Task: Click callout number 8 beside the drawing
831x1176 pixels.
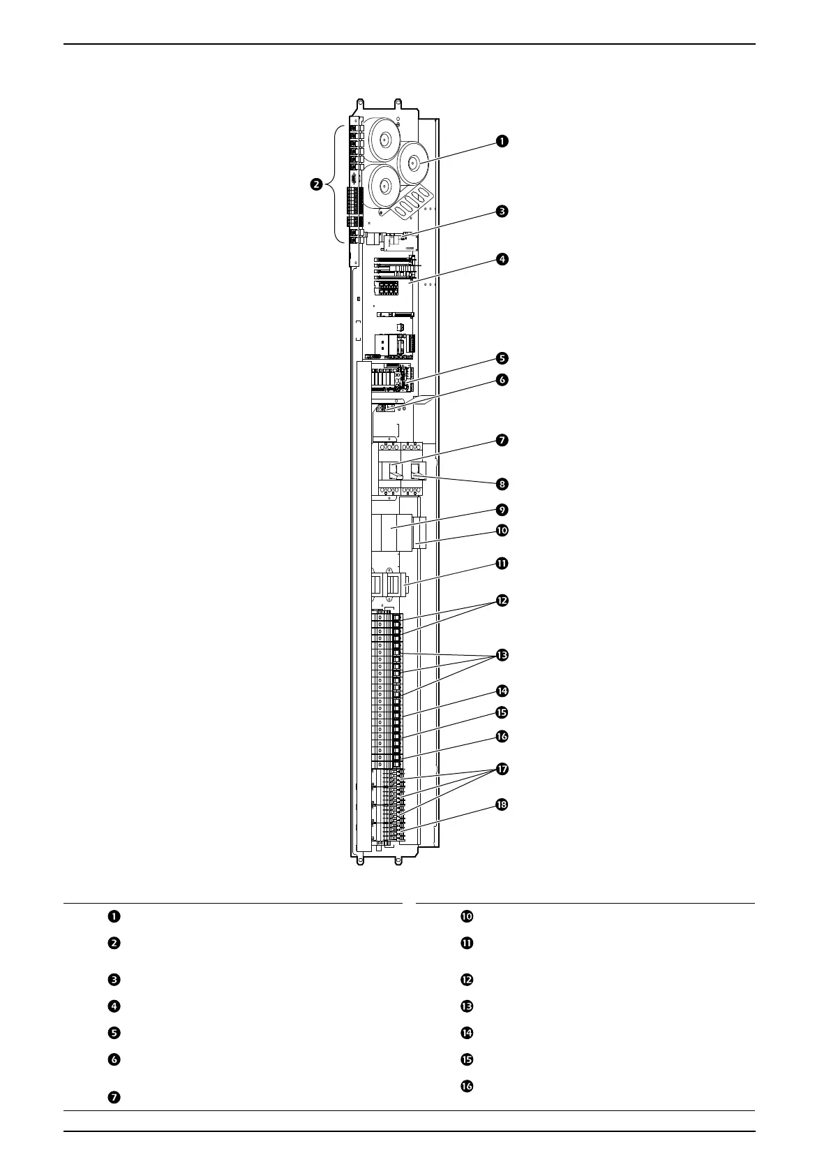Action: [x=502, y=483]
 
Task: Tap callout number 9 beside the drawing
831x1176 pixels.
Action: [x=502, y=510]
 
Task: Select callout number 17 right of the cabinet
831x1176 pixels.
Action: [x=502, y=769]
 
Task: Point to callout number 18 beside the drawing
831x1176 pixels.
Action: [x=502, y=804]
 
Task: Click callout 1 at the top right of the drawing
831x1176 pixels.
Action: [x=502, y=141]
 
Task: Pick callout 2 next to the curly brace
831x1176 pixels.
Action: [x=316, y=185]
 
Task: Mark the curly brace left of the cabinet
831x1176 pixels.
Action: [x=339, y=184]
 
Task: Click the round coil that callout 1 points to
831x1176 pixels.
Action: [x=412, y=164]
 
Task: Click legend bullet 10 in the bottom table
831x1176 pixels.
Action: [x=467, y=917]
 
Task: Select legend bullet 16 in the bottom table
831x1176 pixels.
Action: [x=467, y=1086]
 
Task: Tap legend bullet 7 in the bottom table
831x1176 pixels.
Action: [x=113, y=1097]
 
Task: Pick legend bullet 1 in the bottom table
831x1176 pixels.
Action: [x=113, y=917]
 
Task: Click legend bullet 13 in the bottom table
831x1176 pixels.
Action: [x=467, y=1006]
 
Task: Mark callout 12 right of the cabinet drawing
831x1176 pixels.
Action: [x=502, y=601]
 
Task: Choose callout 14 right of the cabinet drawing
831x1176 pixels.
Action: [x=502, y=691]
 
